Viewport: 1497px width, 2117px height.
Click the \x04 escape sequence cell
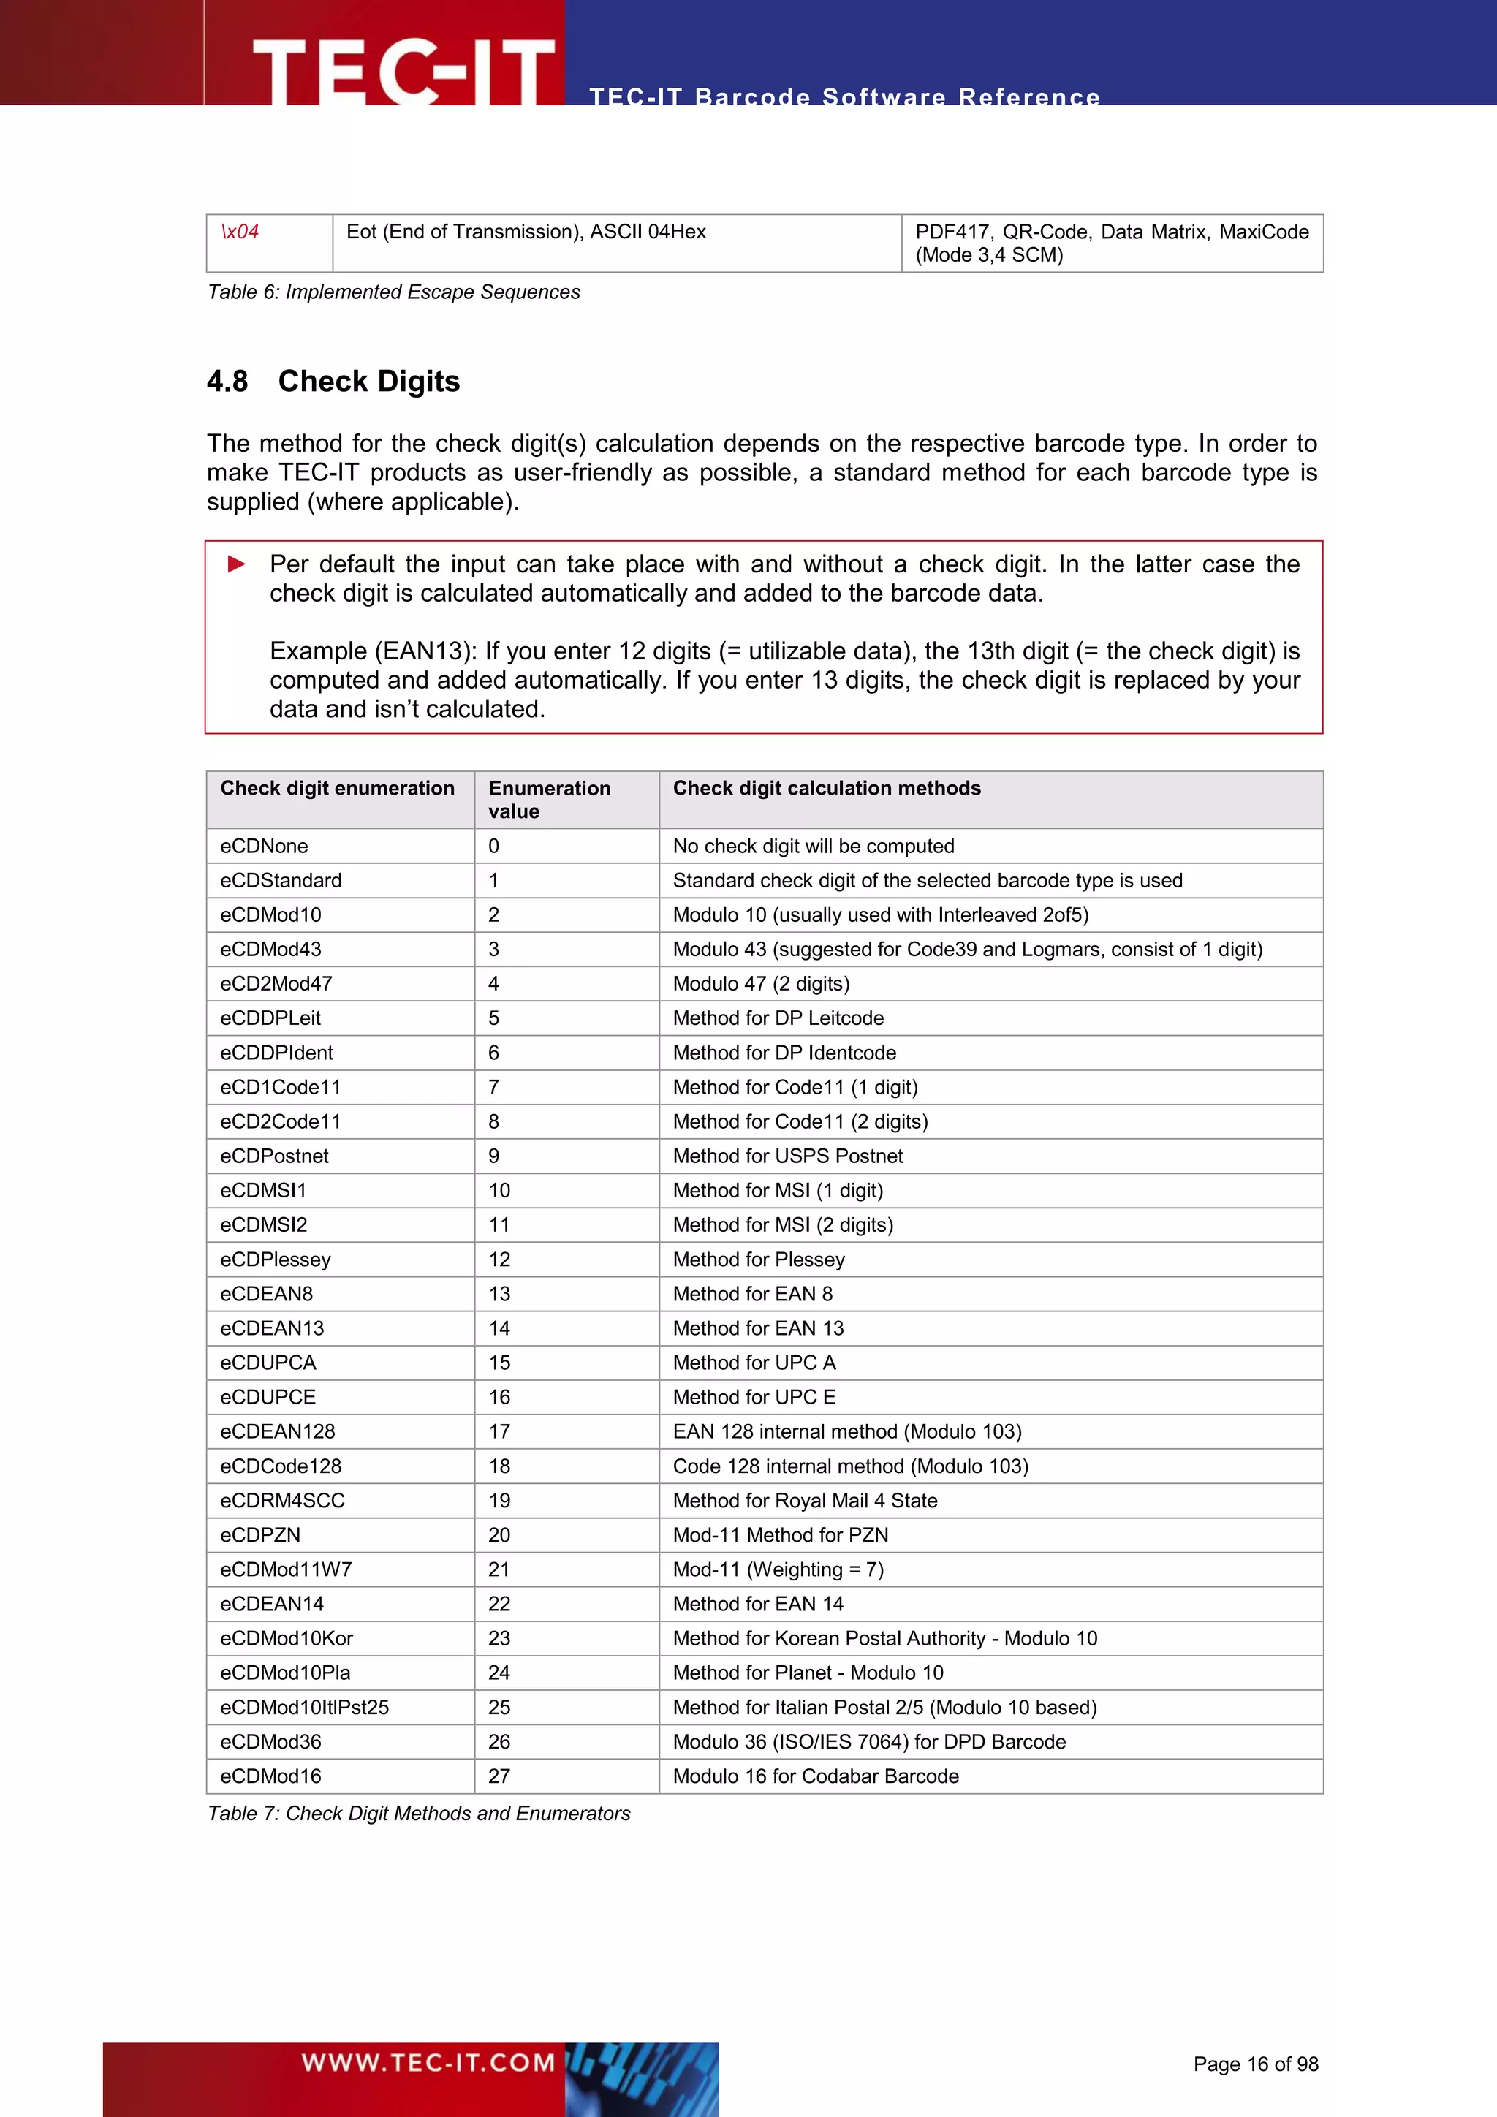click(x=240, y=232)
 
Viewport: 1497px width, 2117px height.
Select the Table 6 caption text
click(x=393, y=292)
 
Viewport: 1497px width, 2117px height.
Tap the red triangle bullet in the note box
click(x=237, y=564)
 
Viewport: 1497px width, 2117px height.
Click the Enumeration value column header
click(x=550, y=800)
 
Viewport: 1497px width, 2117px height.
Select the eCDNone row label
click(x=265, y=846)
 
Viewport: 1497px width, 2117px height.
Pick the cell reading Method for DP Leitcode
click(x=778, y=1018)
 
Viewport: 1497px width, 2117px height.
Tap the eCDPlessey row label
click(x=276, y=1259)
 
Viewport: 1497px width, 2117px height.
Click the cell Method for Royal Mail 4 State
click(x=805, y=1500)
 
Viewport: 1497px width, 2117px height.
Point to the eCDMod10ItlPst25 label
click(x=304, y=1707)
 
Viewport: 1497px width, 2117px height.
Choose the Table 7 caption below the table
click(x=419, y=1813)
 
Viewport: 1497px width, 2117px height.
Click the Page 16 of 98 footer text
click(x=1256, y=2064)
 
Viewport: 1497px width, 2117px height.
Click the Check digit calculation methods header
click(x=827, y=788)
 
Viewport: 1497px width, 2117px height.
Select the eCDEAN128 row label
click(x=278, y=1431)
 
